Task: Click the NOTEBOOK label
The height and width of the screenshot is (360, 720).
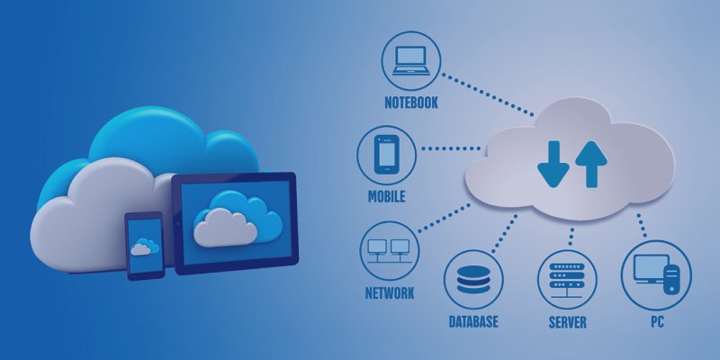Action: tap(409, 103)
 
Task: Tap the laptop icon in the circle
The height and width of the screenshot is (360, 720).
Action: tap(409, 60)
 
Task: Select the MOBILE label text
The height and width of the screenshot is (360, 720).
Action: tap(385, 196)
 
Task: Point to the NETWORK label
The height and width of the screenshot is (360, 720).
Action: tap(389, 293)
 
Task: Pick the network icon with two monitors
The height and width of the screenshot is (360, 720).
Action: tap(389, 250)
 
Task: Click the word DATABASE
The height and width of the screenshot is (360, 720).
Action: tap(473, 320)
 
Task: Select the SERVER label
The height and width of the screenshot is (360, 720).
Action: tap(567, 321)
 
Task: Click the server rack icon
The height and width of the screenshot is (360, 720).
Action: tap(567, 278)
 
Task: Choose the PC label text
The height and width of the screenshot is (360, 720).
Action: tap(656, 321)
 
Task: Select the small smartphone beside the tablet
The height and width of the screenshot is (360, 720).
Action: tap(143, 245)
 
